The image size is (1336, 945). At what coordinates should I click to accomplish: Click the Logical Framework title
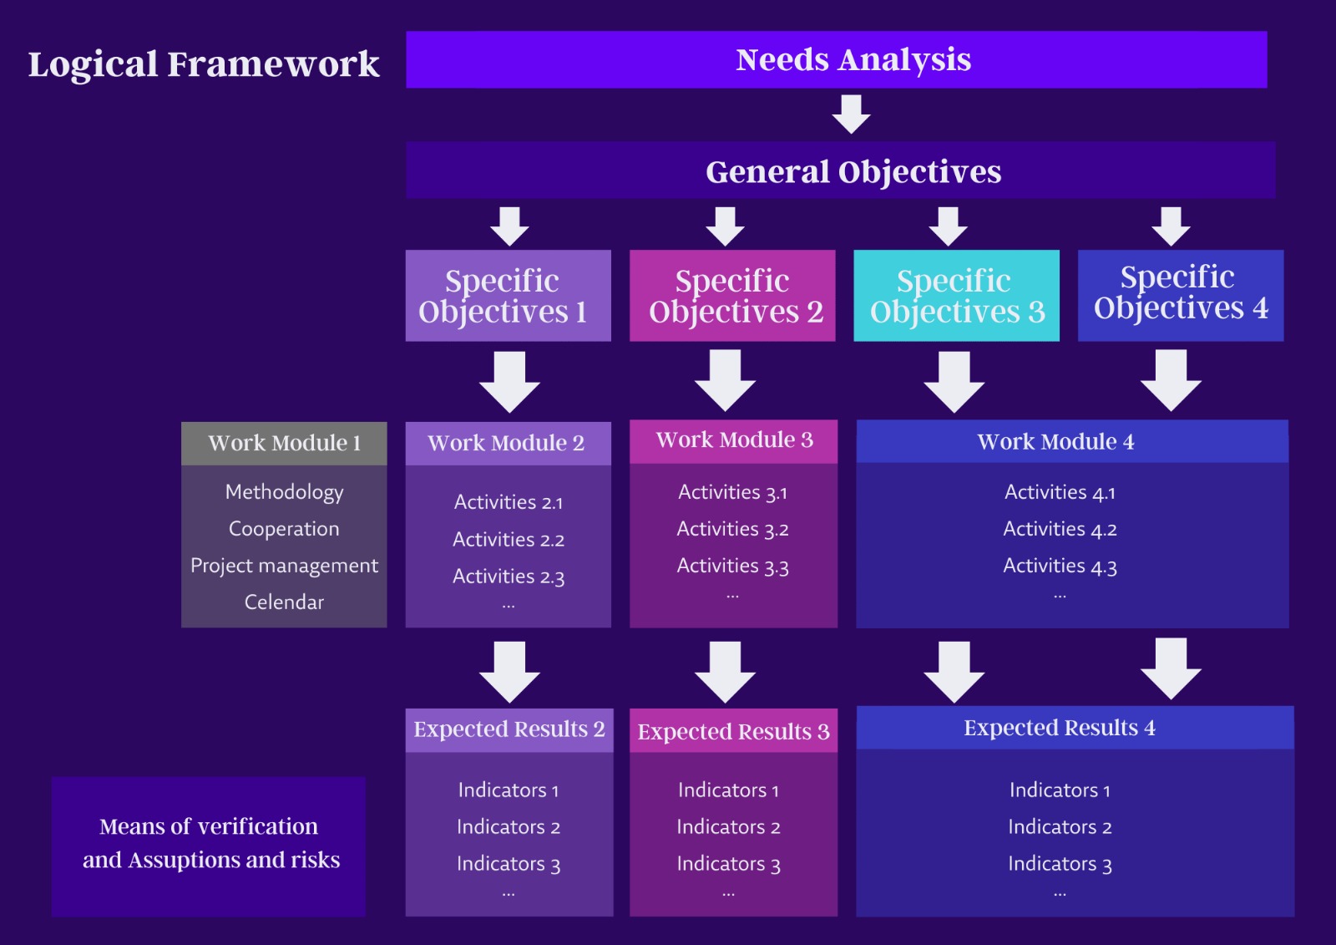(204, 64)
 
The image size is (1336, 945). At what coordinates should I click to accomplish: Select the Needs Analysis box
(836, 59)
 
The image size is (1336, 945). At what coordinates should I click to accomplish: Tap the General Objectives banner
(840, 170)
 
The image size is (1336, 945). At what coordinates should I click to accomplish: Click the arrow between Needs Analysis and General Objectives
(851, 114)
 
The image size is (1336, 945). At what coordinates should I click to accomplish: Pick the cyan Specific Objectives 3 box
(956, 296)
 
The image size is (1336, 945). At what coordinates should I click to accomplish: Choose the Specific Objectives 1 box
(509, 296)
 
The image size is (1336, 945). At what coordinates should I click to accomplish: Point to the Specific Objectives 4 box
(1181, 296)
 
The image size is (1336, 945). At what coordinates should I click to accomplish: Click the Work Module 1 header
(284, 444)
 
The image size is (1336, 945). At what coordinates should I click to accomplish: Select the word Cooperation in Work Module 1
(284, 529)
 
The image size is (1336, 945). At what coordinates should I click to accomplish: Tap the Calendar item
(284, 602)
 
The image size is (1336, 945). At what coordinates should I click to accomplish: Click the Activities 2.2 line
(509, 540)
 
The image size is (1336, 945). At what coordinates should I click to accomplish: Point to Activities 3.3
(732, 566)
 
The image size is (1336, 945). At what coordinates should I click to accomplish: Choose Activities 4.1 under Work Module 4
(1060, 492)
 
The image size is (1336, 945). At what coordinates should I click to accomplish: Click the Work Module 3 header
(734, 441)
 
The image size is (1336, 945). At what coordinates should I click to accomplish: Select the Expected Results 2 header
(509, 730)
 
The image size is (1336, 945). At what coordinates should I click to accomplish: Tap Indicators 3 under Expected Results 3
(728, 864)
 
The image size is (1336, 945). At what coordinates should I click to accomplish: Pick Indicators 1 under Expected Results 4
(1060, 790)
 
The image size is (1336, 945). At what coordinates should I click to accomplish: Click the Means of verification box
(209, 846)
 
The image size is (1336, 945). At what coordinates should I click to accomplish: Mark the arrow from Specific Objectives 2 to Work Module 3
(726, 380)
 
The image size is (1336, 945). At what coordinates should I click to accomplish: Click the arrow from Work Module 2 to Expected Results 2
(509, 672)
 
